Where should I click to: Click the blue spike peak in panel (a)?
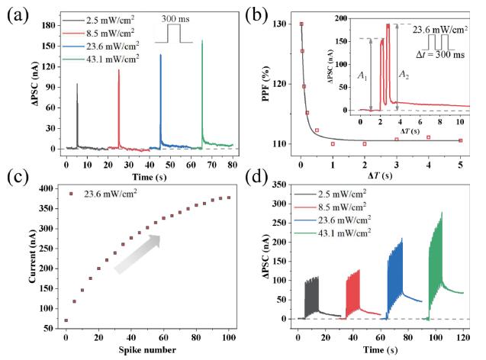160,55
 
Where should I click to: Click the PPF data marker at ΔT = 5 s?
459,140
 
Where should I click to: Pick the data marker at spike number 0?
66,320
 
